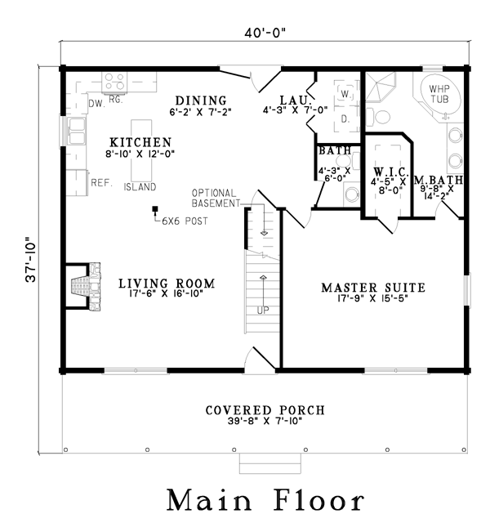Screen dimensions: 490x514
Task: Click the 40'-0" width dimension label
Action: (265, 33)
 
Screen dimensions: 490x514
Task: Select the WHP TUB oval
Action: (440, 96)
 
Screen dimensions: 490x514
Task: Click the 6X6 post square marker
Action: (155, 208)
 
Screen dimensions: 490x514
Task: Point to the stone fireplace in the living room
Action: (86, 286)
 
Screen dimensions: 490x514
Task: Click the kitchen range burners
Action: (114, 82)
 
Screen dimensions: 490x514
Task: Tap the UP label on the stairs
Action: (263, 310)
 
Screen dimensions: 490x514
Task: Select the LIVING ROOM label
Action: (167, 284)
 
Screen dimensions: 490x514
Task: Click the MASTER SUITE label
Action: (373, 288)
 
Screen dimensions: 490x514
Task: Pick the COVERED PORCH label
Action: (265, 410)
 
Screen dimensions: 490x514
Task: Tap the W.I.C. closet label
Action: (390, 172)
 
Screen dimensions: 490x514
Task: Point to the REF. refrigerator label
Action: (101, 182)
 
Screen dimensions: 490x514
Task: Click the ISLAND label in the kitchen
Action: (140, 187)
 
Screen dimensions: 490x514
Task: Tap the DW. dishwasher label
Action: (97, 104)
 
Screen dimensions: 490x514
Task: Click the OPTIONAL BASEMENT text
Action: (216, 198)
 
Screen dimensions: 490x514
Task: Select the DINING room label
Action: (201, 101)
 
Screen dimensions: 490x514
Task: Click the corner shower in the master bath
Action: (381, 87)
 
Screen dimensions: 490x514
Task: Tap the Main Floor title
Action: (265, 499)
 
